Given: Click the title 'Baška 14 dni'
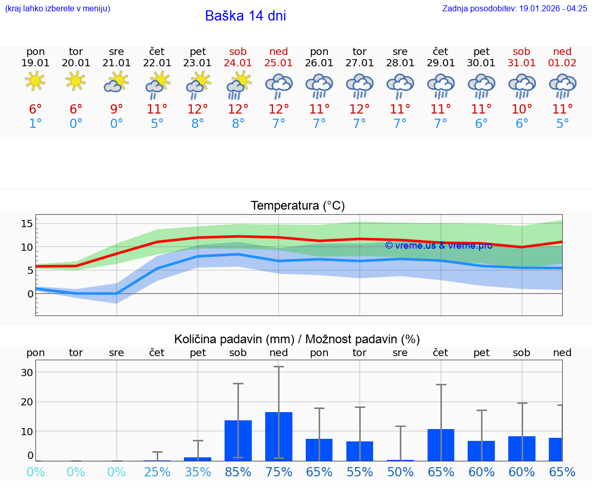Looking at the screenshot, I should (x=245, y=16).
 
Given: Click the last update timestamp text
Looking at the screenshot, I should (x=514, y=8).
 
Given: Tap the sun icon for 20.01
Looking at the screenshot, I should (x=76, y=81).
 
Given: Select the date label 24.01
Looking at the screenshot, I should (x=238, y=63).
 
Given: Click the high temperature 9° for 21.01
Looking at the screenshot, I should (x=117, y=109).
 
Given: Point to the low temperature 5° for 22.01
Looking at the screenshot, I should (x=157, y=124).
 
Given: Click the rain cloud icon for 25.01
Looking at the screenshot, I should (x=279, y=85).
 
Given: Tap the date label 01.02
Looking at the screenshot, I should (x=562, y=63).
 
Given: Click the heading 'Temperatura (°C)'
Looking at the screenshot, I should (x=298, y=206).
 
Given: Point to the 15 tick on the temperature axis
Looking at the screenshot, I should (x=27, y=224).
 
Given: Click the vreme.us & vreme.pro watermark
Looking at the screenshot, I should (x=438, y=246).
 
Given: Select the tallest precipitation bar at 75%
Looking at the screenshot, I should (x=279, y=436).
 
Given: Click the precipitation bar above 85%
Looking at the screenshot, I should (x=238, y=440).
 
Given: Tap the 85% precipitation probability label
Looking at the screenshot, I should (x=238, y=472).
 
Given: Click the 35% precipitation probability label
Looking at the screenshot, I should (x=198, y=472).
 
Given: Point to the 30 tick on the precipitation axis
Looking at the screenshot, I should (x=27, y=373).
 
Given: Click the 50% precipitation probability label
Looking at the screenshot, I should (x=400, y=472).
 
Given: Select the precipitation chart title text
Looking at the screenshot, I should (x=297, y=339).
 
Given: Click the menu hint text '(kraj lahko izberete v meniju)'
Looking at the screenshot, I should (x=58, y=8).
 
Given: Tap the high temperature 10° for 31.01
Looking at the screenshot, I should (x=522, y=109).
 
